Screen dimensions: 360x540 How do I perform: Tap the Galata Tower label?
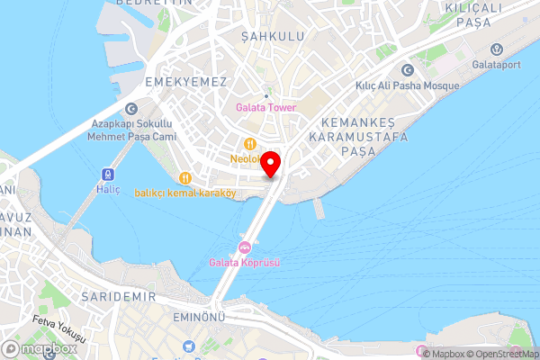(266, 108)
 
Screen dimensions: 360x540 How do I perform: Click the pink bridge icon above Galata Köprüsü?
(244, 247)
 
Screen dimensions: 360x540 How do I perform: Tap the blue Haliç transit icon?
(108, 174)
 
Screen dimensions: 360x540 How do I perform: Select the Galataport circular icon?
(495, 49)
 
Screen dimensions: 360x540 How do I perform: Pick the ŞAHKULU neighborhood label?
(273, 36)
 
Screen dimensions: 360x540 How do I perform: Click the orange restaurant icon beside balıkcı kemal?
(185, 177)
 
